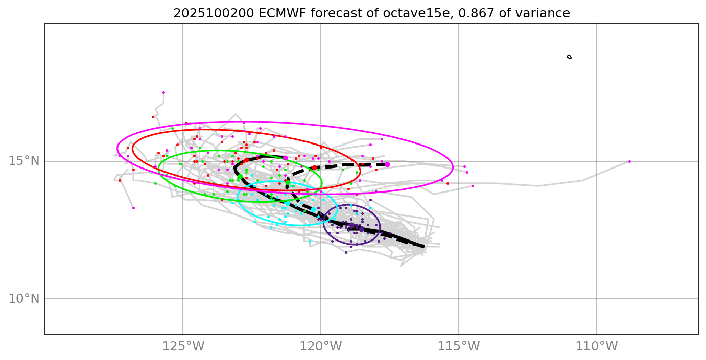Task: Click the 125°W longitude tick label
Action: (183, 346)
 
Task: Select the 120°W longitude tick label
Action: (321, 346)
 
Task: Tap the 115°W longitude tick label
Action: (459, 346)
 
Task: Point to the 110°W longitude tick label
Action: (597, 346)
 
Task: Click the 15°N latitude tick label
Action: (24, 161)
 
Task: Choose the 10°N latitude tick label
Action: (24, 299)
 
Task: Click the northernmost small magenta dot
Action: (163, 93)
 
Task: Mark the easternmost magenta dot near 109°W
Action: (629, 161)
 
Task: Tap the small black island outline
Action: (569, 57)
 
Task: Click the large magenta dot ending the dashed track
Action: (387, 164)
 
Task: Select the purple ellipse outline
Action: (380, 225)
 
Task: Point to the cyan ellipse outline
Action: (337, 203)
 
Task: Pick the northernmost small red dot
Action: (153, 117)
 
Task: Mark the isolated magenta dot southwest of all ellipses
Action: (133, 208)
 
